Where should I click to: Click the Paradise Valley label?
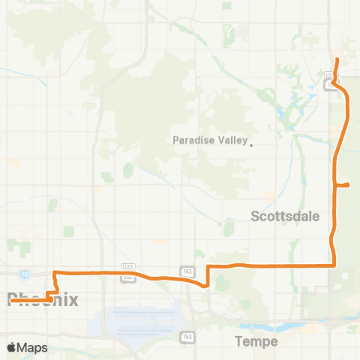tap(209, 139)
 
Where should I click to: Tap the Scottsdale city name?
tap(284, 216)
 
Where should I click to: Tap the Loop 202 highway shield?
tap(127, 277)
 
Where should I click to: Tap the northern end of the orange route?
tap(337, 59)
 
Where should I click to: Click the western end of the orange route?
tap(10, 301)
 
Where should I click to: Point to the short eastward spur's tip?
tap(349, 184)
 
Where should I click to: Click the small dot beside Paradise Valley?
tap(251, 145)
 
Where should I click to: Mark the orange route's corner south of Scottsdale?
tap(332, 265)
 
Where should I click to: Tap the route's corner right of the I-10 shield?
tap(55, 271)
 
